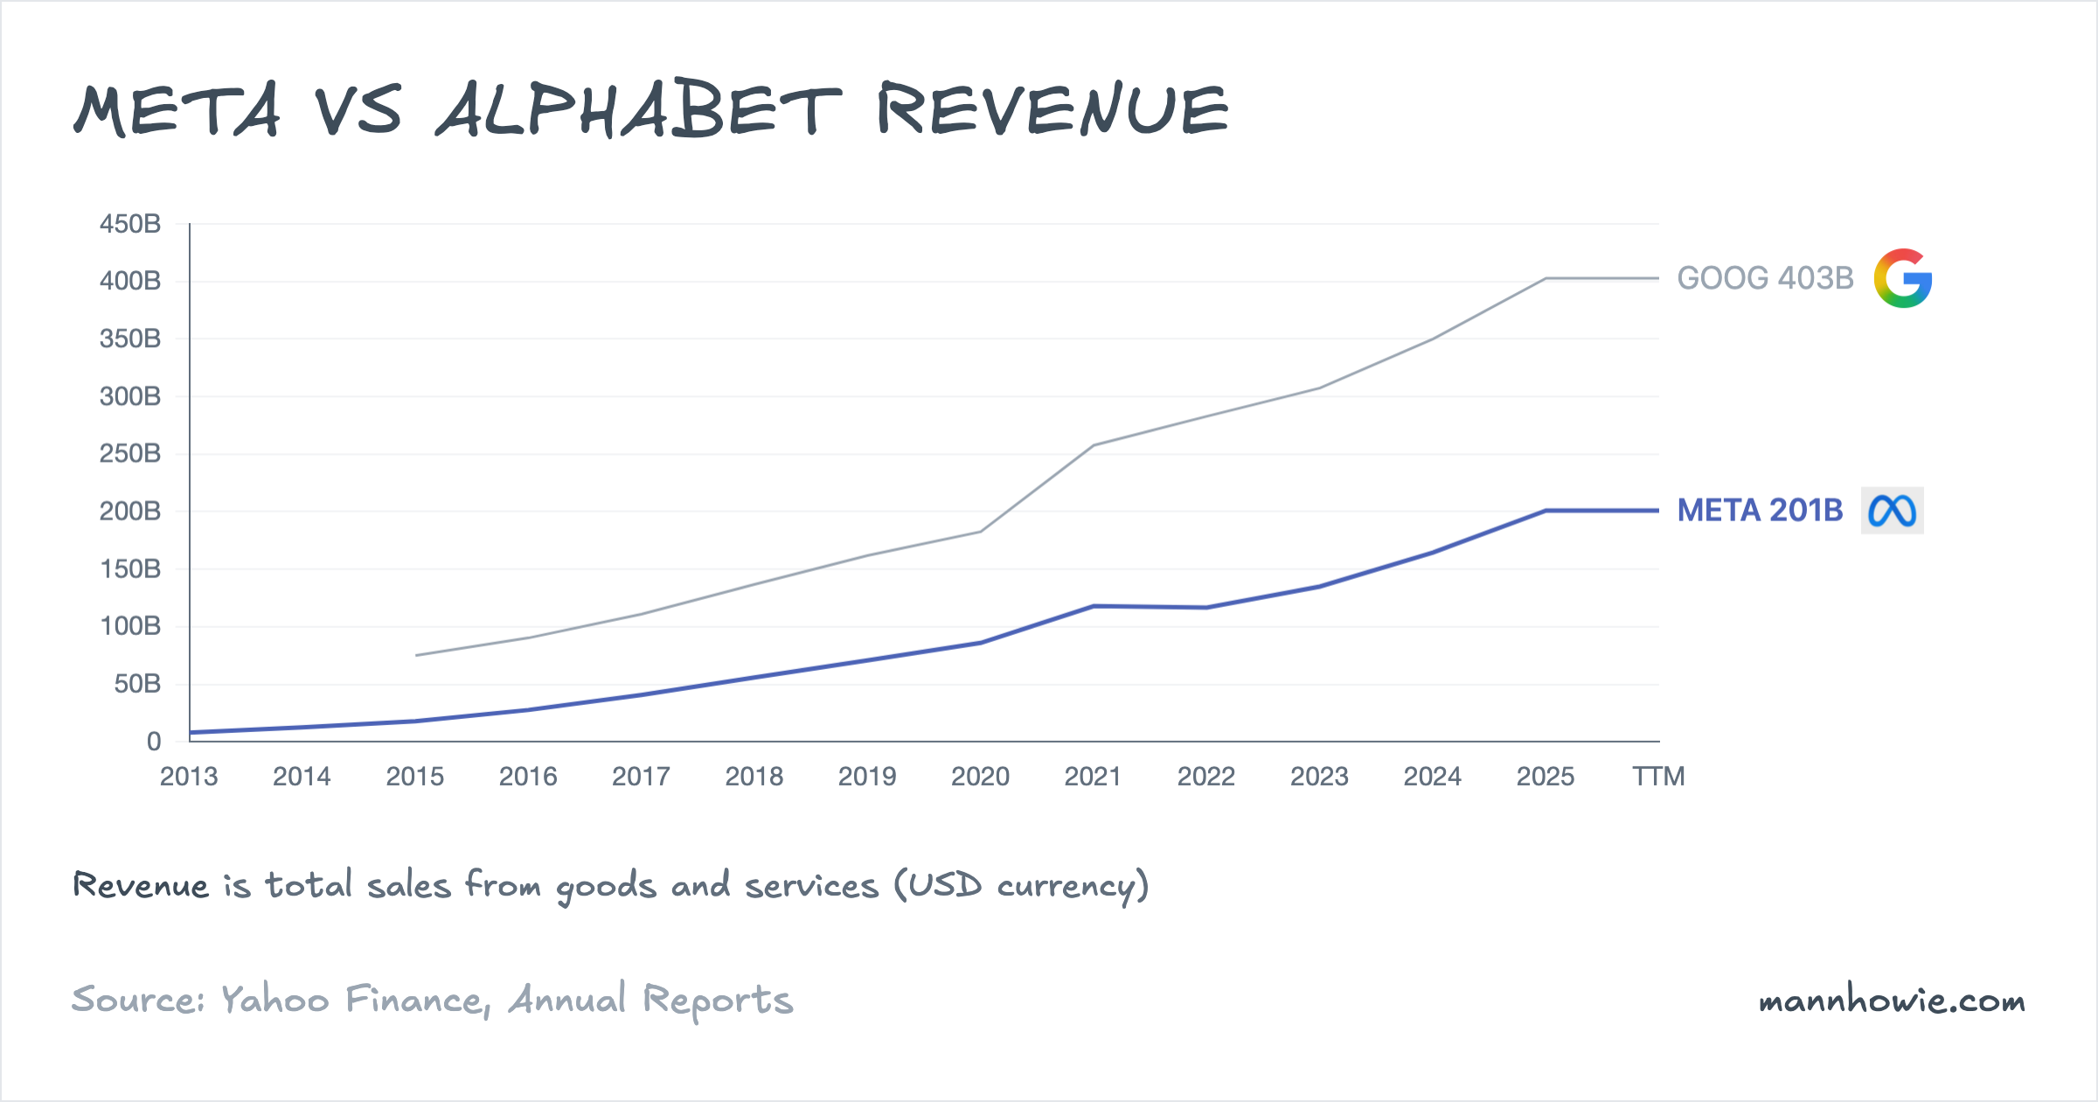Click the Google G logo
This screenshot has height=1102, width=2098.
pos(1902,278)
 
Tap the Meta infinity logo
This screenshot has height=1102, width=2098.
pos(1892,511)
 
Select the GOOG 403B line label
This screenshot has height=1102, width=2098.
pos(1764,278)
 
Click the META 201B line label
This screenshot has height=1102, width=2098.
pos(1759,511)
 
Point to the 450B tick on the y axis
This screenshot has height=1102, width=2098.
pos(130,224)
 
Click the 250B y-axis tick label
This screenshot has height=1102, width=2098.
pos(130,454)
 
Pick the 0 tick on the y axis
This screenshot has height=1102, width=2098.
pos(154,742)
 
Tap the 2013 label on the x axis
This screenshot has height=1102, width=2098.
pos(189,777)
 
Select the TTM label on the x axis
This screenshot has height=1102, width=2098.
pos(1658,777)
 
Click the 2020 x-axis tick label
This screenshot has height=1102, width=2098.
pos(980,777)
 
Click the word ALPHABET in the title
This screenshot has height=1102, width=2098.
pos(638,110)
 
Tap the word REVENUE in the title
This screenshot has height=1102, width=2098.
pos(1053,110)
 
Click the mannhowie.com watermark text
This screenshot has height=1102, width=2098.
pos(1892,1001)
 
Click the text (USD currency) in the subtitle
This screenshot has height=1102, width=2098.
pos(1021,886)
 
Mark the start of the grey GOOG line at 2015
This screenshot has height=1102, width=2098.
pos(416,655)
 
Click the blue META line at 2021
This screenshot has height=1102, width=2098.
pos(1094,606)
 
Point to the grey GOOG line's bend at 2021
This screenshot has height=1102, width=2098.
pos(1094,445)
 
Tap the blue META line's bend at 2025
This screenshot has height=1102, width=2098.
pos(1546,511)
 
